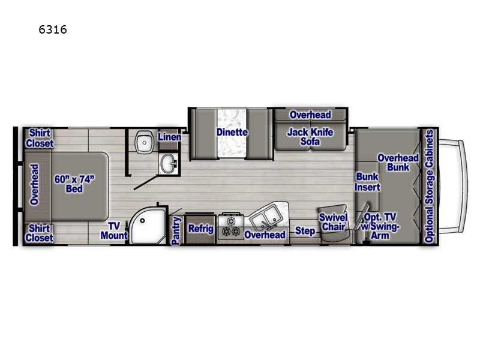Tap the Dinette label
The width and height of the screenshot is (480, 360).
232,133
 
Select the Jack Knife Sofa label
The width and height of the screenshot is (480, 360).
310,137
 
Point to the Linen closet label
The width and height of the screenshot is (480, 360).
169,137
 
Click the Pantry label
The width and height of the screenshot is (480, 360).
176,231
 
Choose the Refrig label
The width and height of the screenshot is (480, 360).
201,229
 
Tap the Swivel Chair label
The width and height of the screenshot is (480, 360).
332,222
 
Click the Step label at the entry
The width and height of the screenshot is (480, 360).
305,231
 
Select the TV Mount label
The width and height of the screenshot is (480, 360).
118,231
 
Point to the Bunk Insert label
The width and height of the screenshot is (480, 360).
368,182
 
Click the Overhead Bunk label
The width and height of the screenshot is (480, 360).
393,163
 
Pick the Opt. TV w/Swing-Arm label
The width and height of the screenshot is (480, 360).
380,226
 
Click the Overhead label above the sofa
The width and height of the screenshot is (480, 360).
310,115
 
